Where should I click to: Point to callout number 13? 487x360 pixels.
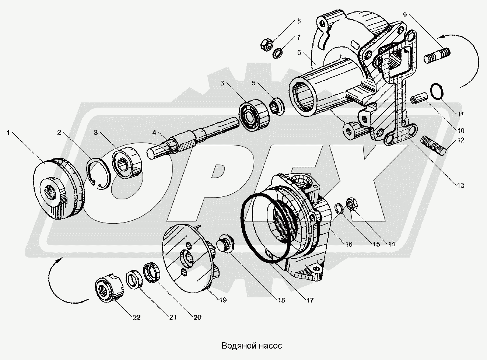pyautogui.click(x=461, y=186)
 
